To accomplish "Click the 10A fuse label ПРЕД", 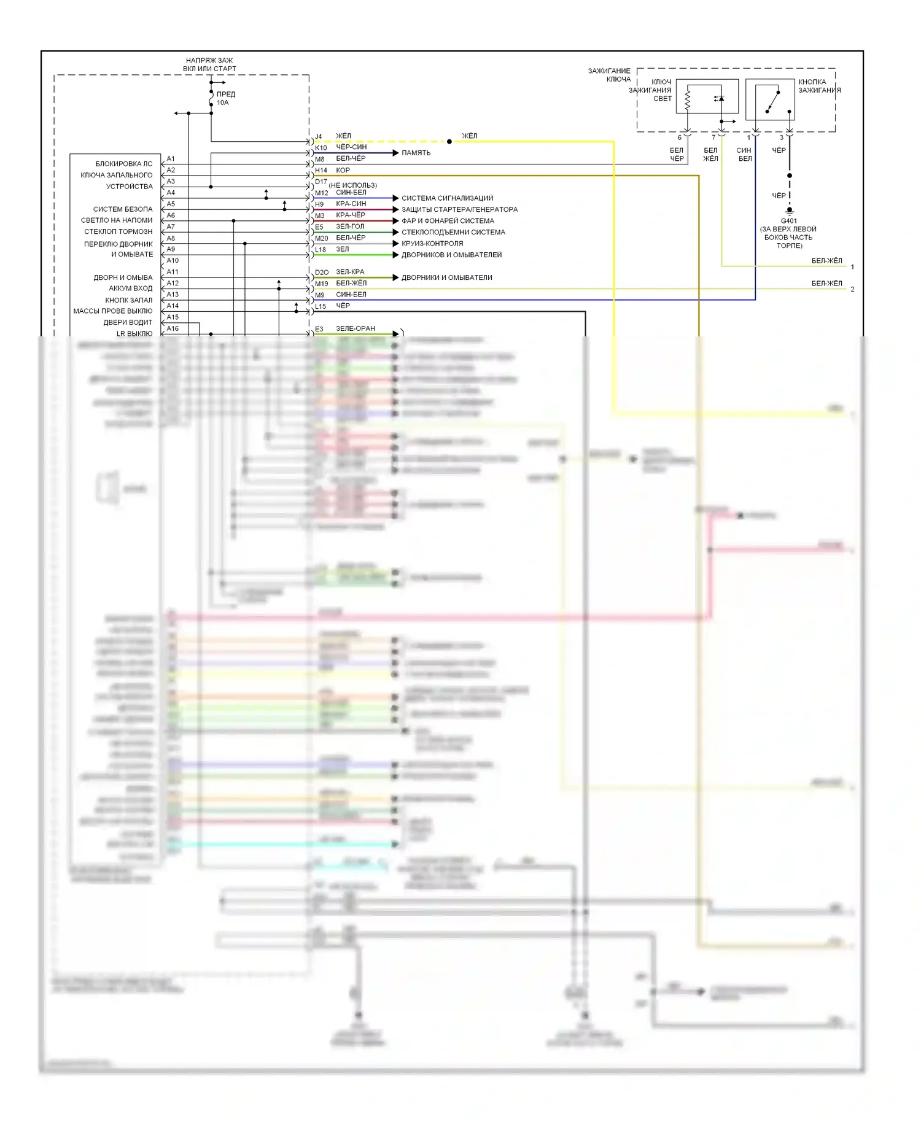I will [x=226, y=94].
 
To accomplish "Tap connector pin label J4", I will [x=318, y=137].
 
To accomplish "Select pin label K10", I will [x=321, y=148].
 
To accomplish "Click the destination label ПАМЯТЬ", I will [x=416, y=153].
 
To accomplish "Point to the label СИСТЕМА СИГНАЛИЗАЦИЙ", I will [x=447, y=198].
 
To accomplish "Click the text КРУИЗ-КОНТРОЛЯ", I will [x=432, y=244].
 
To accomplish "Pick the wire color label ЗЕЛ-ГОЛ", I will [x=350, y=226].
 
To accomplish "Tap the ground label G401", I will [x=789, y=221].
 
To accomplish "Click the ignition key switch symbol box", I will [x=770, y=99].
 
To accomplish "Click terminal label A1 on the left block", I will [x=171, y=159].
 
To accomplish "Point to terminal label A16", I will [x=173, y=328].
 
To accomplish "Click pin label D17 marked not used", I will [x=321, y=182].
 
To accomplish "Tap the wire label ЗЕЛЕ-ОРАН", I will [x=355, y=328].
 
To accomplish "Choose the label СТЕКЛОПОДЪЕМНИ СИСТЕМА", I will [x=453, y=232].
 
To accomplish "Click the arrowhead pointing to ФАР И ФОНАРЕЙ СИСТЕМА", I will [x=396, y=221].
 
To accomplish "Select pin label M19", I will [x=322, y=284].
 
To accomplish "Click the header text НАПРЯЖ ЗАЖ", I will [x=209, y=61].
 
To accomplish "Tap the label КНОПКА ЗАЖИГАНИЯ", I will [x=819, y=86].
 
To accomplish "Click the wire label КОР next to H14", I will [x=343, y=170].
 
